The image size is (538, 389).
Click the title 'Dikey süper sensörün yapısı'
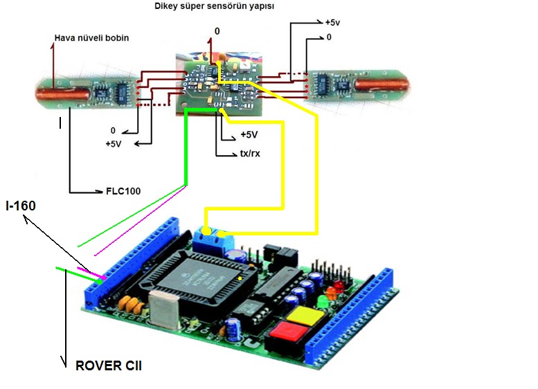click(214, 6)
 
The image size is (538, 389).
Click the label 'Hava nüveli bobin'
click(91, 38)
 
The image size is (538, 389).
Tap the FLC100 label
click(123, 191)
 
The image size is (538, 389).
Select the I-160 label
click(21, 206)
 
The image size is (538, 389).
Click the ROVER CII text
click(109, 365)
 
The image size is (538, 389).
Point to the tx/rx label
click(250, 153)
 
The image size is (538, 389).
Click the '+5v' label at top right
click(332, 23)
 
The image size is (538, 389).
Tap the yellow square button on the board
click(305, 316)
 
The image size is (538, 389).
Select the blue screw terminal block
click(213, 239)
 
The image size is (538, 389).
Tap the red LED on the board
click(339, 285)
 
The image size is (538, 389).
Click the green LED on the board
click(323, 301)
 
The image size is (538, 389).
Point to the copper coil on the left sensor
click(63, 94)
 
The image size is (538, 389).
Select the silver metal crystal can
click(165, 308)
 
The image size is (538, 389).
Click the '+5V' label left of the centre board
click(114, 144)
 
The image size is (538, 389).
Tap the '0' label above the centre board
click(217, 31)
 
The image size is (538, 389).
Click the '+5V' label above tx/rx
click(249, 134)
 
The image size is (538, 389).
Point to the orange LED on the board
click(332, 293)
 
